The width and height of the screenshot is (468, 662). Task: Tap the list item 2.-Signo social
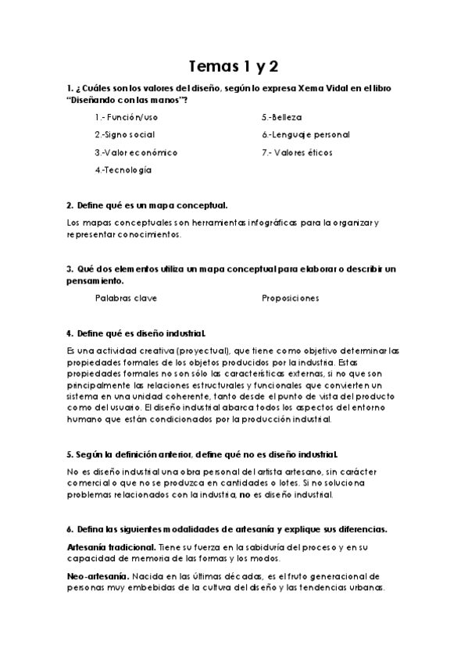[124, 134]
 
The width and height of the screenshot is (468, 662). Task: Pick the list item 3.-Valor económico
[136, 152]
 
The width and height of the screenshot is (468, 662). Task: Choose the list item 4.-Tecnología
[123, 169]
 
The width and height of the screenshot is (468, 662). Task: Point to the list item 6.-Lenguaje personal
[305, 134]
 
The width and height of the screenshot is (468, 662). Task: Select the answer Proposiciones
[290, 297]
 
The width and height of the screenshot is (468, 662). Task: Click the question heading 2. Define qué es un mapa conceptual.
[147, 205]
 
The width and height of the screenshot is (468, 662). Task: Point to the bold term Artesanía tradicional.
[110, 549]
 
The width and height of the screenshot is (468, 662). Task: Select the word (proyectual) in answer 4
[176, 351]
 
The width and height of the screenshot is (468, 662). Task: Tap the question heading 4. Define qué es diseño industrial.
[137, 333]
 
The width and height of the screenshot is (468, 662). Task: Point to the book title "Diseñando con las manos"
[127, 100]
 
